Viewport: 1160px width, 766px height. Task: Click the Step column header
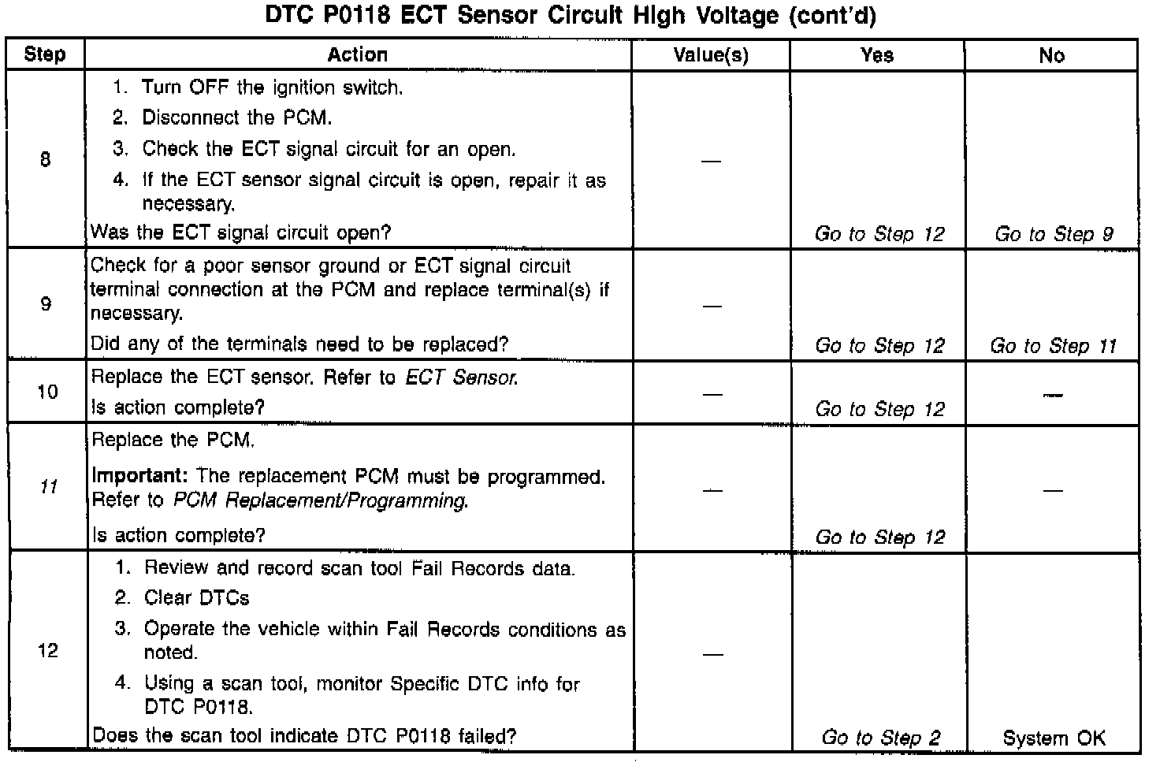(45, 54)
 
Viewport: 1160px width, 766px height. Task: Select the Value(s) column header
(710, 54)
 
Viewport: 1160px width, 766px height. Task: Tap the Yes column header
(877, 54)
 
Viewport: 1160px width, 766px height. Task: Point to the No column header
(1051, 54)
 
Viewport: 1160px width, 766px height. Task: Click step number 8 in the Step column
(45, 160)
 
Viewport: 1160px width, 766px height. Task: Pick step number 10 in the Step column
(47, 392)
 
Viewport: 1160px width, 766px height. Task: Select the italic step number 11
(48, 487)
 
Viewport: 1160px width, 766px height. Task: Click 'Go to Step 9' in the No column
(1053, 234)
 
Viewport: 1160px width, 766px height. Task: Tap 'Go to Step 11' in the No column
(1053, 345)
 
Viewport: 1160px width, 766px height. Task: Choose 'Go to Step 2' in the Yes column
(880, 738)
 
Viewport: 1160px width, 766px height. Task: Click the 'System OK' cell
(1054, 738)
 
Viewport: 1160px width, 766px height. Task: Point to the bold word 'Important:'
(141, 476)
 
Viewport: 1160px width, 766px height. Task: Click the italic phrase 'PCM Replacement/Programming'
(320, 500)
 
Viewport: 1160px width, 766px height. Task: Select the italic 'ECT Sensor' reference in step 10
(461, 377)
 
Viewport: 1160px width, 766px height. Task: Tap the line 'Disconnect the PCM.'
(236, 118)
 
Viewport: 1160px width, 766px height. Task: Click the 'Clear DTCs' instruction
(196, 598)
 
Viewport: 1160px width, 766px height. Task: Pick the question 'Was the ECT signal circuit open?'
(241, 232)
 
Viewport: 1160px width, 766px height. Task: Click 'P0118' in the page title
(351, 17)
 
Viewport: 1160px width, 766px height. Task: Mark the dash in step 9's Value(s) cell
(711, 306)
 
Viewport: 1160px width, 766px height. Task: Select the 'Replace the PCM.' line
(173, 440)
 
